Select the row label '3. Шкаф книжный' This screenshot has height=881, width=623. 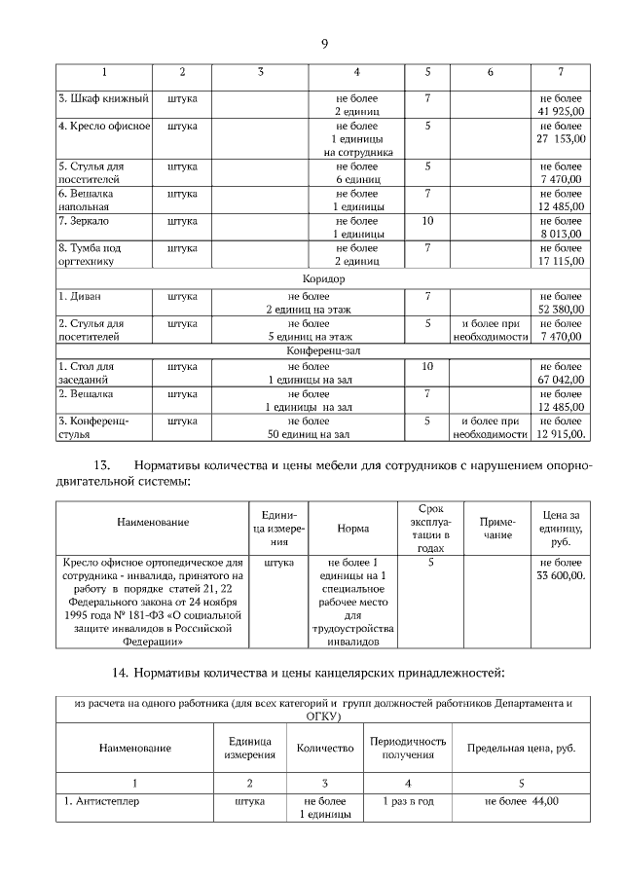click(102, 98)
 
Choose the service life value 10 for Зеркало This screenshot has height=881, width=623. click(427, 221)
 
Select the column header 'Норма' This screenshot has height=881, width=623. click(352, 529)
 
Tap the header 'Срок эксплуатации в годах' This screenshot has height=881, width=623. click(429, 529)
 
